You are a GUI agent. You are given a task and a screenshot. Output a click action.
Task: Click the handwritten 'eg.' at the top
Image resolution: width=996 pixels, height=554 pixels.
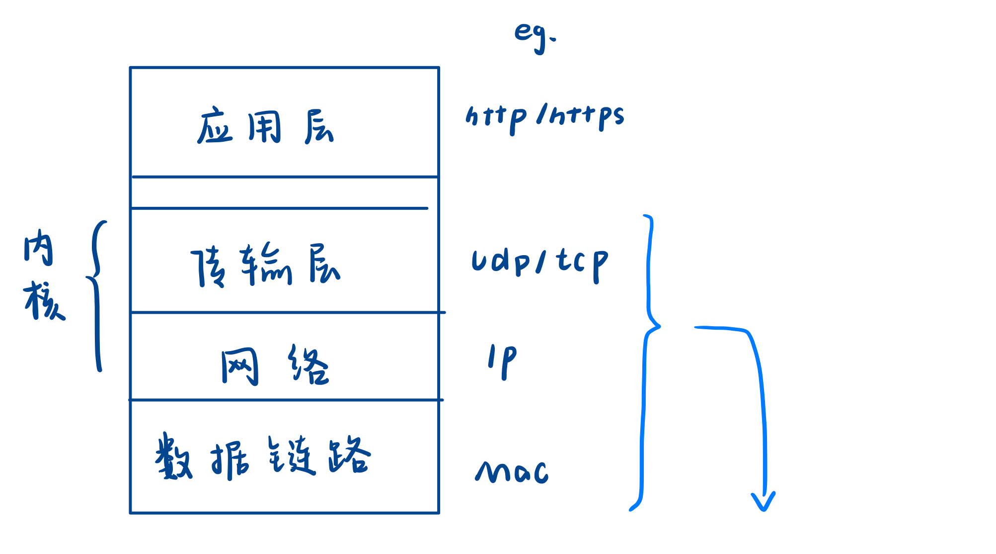point(535,36)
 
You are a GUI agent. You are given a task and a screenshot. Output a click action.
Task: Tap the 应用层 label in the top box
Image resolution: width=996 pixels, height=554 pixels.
point(265,127)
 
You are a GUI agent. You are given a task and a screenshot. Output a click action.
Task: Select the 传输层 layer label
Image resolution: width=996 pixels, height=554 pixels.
point(266,265)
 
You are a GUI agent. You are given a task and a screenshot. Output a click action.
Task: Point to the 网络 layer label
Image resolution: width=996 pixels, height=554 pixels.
point(275,365)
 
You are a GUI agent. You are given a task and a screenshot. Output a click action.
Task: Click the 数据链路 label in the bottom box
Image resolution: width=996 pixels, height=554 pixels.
point(263,457)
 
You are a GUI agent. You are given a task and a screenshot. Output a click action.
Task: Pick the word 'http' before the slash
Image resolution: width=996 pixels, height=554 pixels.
point(496,118)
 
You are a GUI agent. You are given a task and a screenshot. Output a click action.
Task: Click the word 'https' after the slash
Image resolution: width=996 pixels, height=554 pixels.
point(587,117)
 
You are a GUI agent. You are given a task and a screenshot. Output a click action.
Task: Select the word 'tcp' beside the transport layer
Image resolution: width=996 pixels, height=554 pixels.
point(582,264)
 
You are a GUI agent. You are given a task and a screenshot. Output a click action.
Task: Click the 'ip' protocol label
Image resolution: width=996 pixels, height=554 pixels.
point(502,361)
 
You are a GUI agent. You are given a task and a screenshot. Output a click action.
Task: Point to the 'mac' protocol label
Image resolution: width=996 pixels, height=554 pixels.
point(512,471)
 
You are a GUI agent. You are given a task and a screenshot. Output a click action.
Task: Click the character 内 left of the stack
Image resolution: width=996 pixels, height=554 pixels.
point(38,247)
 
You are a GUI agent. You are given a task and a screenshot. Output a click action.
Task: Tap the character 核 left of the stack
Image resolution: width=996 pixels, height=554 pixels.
point(44,300)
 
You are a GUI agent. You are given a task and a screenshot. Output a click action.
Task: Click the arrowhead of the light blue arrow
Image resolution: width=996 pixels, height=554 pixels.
point(764,501)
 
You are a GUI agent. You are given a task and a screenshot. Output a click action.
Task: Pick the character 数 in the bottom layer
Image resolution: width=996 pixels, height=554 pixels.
point(173,456)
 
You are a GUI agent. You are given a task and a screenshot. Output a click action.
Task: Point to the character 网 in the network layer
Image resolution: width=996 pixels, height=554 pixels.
point(240,366)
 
